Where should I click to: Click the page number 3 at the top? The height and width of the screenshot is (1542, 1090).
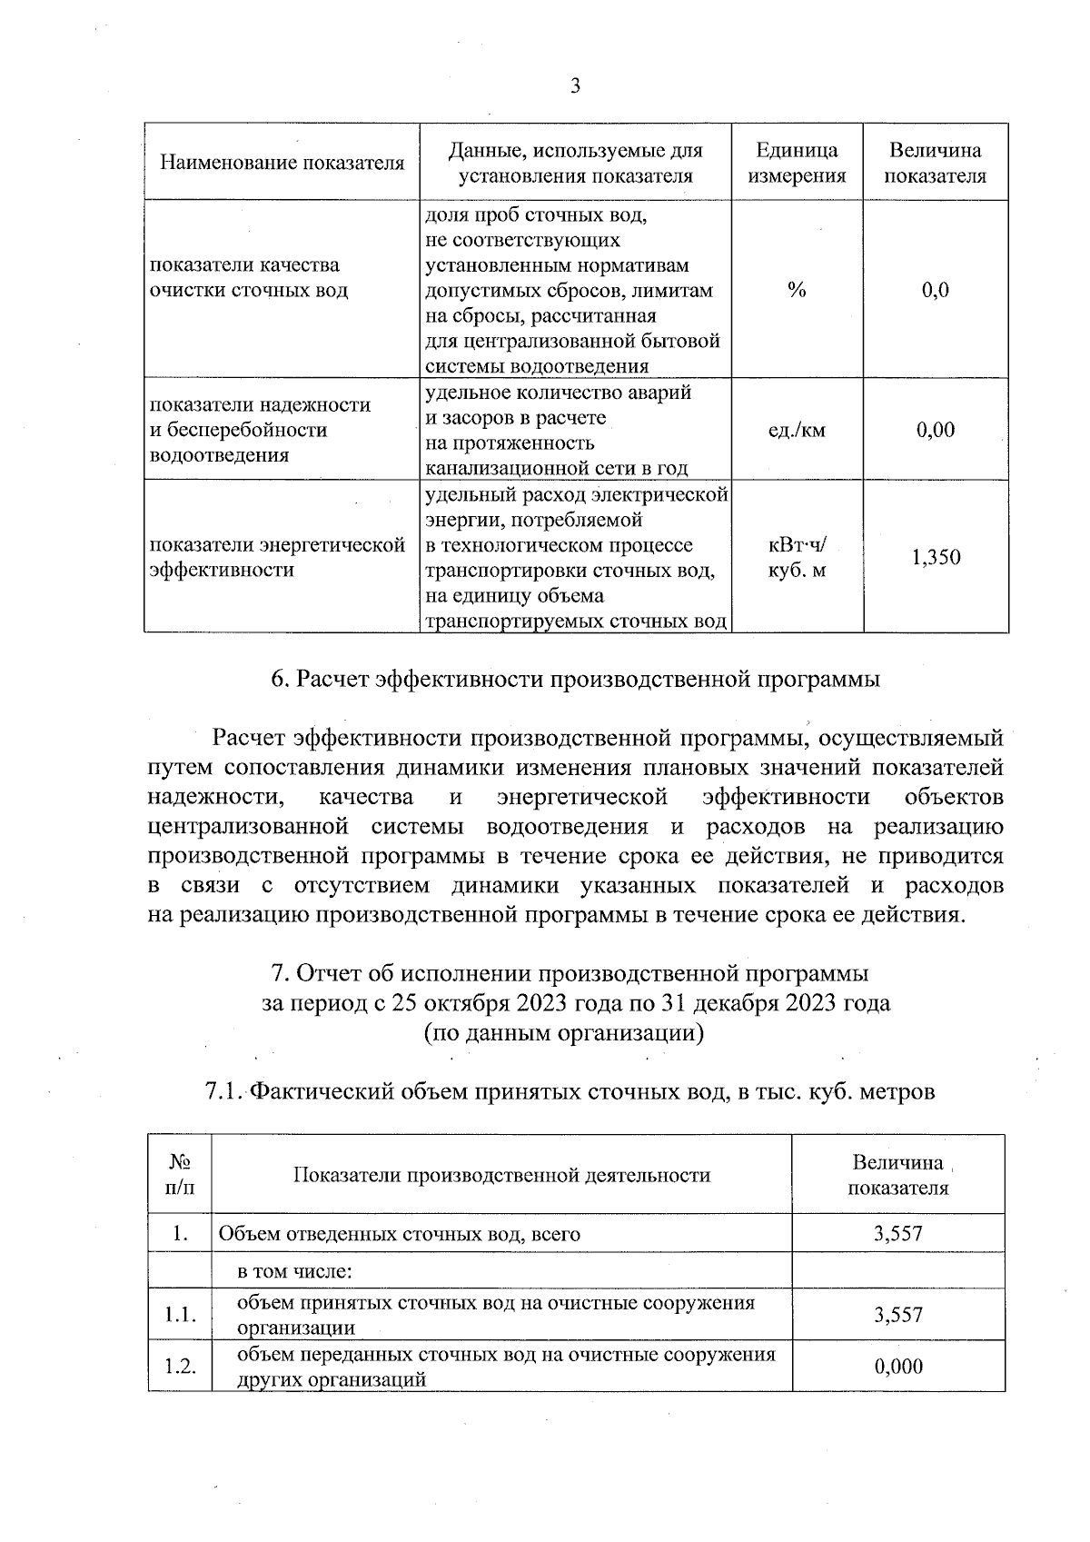574,87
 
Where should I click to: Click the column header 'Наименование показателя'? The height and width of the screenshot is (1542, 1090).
282,164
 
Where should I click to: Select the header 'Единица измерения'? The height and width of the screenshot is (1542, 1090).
797,164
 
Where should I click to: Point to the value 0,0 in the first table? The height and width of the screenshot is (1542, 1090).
935,291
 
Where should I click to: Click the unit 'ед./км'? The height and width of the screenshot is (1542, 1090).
797,431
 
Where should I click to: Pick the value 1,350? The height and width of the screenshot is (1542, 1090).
936,558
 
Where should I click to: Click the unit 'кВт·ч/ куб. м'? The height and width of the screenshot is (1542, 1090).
797,558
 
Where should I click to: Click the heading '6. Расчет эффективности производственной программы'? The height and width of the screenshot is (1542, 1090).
576,680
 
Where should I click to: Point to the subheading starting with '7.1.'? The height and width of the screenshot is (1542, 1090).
570,1091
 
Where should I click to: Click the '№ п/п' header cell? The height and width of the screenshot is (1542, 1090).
180,1175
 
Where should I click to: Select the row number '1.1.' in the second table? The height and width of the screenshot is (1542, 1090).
180,1315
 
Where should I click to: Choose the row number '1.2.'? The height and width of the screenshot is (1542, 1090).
180,1367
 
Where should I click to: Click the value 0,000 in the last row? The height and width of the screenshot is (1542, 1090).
898,1367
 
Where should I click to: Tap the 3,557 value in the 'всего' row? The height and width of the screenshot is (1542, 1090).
898,1234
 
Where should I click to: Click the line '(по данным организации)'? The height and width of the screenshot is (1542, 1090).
564,1033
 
